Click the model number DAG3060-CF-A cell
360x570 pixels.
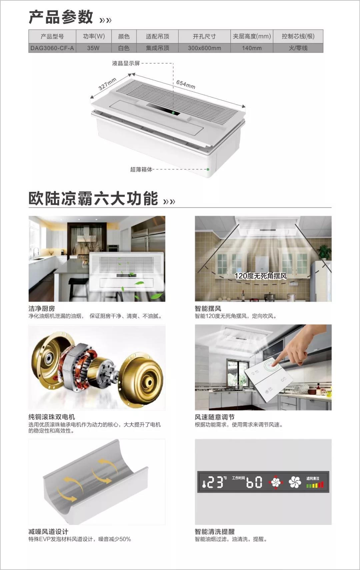(x=52, y=48)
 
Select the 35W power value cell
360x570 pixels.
(x=93, y=48)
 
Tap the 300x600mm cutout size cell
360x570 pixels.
(x=204, y=48)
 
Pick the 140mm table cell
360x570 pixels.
(x=252, y=48)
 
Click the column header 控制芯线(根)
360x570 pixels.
(x=298, y=36)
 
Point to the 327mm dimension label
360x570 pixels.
(x=107, y=84)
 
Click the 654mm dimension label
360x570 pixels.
(x=186, y=84)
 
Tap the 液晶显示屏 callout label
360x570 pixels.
(x=126, y=63)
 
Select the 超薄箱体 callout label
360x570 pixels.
(x=141, y=169)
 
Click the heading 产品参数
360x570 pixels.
(x=61, y=17)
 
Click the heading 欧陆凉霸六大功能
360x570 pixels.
(x=93, y=199)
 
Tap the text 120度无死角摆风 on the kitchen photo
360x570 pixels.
(x=260, y=276)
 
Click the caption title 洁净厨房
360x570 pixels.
(x=42, y=309)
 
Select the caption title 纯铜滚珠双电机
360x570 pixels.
(x=52, y=417)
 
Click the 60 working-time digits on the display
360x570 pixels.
(x=254, y=483)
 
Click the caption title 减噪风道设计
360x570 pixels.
(x=48, y=532)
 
